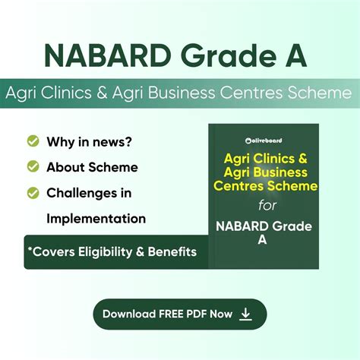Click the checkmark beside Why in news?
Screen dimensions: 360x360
(33, 141)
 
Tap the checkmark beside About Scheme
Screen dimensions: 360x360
(33, 166)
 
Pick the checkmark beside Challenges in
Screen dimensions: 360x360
(33, 193)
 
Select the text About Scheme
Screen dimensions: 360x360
(92, 166)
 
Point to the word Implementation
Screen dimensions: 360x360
(96, 219)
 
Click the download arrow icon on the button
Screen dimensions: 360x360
(245, 314)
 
